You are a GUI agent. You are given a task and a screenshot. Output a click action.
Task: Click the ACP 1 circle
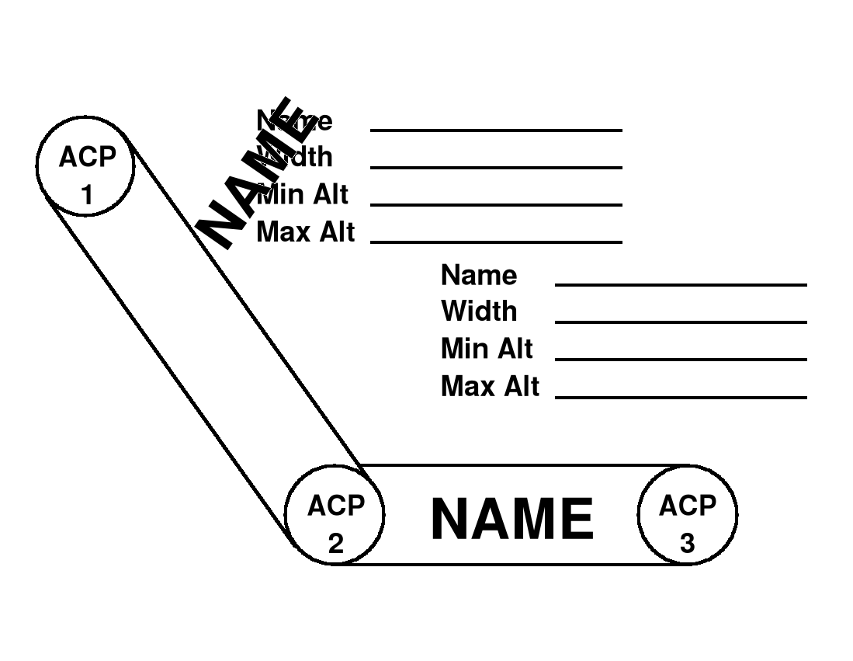pos(86,165)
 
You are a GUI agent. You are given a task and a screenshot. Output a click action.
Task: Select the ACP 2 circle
pos(335,515)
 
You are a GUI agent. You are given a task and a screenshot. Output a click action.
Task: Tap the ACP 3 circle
pos(687,515)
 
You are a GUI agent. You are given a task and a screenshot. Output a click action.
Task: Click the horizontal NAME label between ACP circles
pos(512,519)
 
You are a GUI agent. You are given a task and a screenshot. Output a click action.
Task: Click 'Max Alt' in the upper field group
pos(305,231)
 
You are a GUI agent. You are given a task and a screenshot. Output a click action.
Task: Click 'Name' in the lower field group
pos(478,275)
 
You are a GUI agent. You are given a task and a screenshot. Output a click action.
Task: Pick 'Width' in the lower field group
pos(478,311)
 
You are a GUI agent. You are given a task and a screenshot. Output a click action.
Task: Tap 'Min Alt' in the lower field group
pos(487,348)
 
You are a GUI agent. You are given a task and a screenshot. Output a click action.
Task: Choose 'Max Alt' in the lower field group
pos(489,386)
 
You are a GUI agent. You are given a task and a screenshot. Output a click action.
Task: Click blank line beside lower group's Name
pos(681,285)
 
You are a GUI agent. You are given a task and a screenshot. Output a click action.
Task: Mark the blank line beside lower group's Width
pos(681,322)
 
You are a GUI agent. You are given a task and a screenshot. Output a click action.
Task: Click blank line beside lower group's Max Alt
pos(681,398)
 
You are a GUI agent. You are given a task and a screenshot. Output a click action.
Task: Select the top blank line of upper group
pos(496,130)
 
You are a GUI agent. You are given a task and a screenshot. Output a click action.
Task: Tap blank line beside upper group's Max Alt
pos(496,242)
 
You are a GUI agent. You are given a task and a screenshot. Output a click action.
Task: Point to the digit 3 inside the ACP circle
pos(687,544)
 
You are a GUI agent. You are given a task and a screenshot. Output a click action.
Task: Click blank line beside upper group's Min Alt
pos(496,204)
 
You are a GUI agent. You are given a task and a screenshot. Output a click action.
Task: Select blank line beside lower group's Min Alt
pos(681,359)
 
